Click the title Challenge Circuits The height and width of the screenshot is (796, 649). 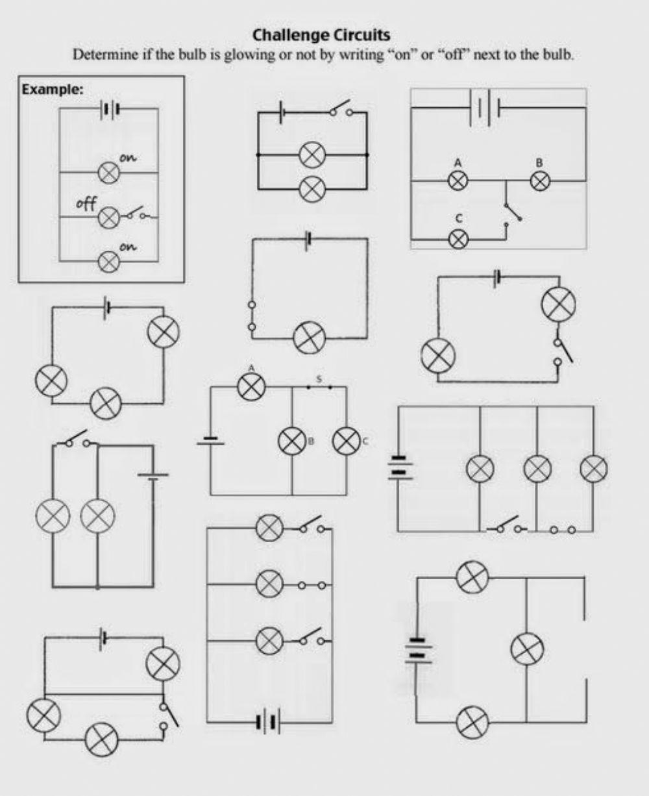321,34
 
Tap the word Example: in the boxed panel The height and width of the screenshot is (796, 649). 52,90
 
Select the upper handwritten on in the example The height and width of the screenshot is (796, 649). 128,158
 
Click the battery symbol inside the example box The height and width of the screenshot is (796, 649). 109,109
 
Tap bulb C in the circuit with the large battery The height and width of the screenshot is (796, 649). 459,238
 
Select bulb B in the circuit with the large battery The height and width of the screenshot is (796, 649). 539,180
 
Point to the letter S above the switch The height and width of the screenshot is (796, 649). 319,378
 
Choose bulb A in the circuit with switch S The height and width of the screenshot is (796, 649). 251,388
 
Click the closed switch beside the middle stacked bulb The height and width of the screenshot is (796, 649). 312,585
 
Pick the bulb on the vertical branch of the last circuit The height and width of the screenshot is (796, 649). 527,649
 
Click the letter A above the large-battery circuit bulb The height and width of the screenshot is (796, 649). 458,162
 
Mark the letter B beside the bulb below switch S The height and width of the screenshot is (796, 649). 311,442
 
